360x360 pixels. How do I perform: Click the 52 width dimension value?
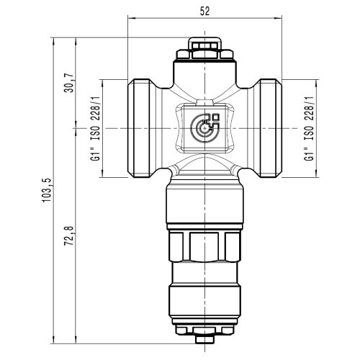pyautogui.click(x=204, y=12)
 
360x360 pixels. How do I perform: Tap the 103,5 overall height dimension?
pyautogui.click(x=47, y=190)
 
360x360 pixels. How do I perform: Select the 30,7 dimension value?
pyautogui.click(x=70, y=83)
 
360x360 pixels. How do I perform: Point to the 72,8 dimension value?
pyautogui.click(x=70, y=235)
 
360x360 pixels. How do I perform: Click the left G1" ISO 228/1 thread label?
pyautogui.click(x=95, y=129)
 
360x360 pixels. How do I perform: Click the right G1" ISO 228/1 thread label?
pyautogui.click(x=309, y=129)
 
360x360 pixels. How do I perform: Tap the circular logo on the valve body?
pyautogui.click(x=204, y=128)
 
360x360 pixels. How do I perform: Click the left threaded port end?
pyautogui.click(x=139, y=128)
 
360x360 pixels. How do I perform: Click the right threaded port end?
pyautogui.click(x=270, y=128)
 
